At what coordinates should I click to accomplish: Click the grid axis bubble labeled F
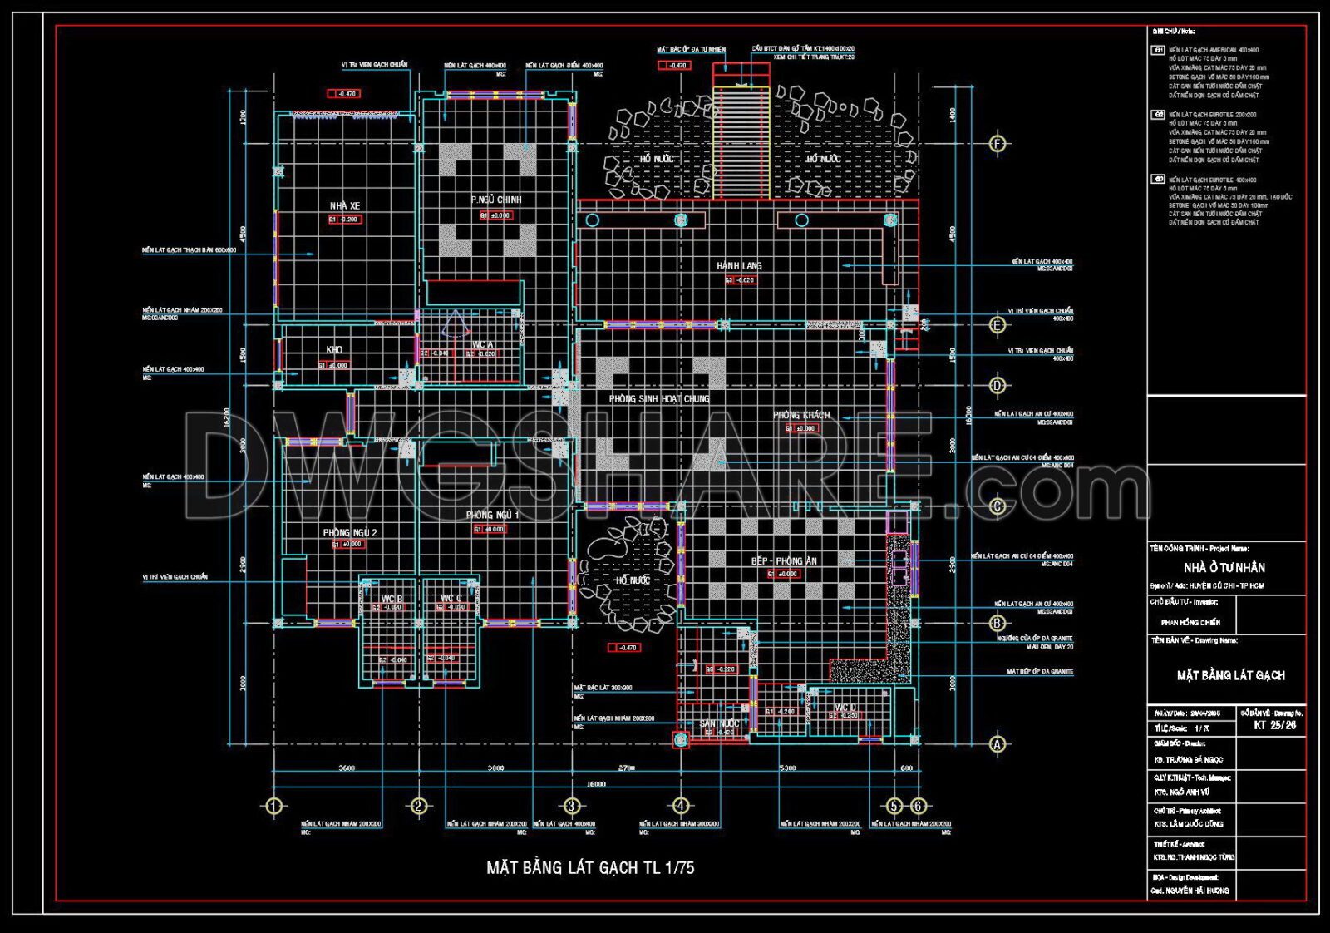click(x=998, y=144)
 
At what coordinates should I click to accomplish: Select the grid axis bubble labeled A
click(x=997, y=745)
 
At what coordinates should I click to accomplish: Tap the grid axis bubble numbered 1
click(x=273, y=806)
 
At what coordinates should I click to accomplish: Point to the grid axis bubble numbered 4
click(x=681, y=806)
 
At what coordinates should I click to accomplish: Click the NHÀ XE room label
click(x=344, y=206)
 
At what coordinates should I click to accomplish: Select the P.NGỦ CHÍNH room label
click(x=496, y=200)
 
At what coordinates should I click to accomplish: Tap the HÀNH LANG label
click(x=739, y=266)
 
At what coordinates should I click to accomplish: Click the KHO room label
click(x=334, y=350)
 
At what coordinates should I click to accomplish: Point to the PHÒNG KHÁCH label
click(x=801, y=415)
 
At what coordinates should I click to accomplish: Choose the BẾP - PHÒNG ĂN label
click(x=784, y=561)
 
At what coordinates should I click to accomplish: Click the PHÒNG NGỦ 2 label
click(x=350, y=533)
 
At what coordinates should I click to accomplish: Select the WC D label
click(x=845, y=708)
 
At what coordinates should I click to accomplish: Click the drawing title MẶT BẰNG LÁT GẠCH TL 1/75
click(x=590, y=868)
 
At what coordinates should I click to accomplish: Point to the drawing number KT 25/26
click(x=1274, y=725)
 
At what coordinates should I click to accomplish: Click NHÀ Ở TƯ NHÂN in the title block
click(x=1224, y=568)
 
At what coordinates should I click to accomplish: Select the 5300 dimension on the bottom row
click(x=786, y=768)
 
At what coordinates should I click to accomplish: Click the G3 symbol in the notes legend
click(x=1158, y=180)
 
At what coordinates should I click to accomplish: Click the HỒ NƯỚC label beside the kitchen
click(x=633, y=580)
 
